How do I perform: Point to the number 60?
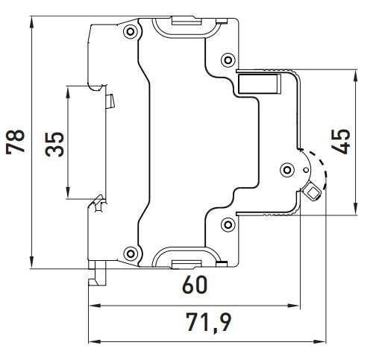pos(192,285)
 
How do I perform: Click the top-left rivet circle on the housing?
pos(131,31)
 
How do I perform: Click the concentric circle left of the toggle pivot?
pos(286,170)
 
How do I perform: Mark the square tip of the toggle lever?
pos(312,194)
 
